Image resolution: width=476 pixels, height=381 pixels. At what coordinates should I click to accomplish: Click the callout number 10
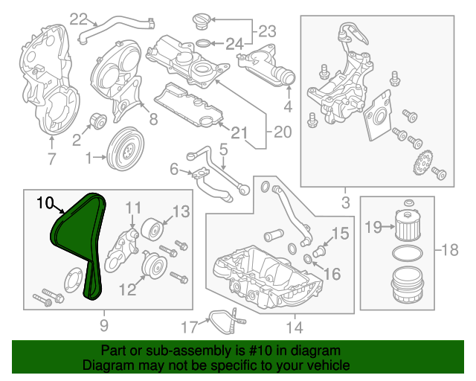click(x=45, y=202)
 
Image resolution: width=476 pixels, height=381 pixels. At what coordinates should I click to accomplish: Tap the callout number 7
click(x=51, y=158)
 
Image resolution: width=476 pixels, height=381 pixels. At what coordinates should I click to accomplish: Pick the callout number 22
click(x=78, y=19)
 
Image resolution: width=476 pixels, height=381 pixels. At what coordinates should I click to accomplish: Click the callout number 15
click(x=338, y=234)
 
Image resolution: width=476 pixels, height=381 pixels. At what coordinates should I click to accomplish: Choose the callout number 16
click(x=332, y=275)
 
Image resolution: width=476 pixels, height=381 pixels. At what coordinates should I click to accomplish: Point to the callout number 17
click(x=189, y=325)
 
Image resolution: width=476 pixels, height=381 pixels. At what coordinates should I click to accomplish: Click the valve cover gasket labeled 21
click(x=193, y=112)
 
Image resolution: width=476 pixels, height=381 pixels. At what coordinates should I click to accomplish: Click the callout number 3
click(x=345, y=201)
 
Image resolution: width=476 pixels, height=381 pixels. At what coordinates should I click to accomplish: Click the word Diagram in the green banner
click(x=104, y=366)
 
